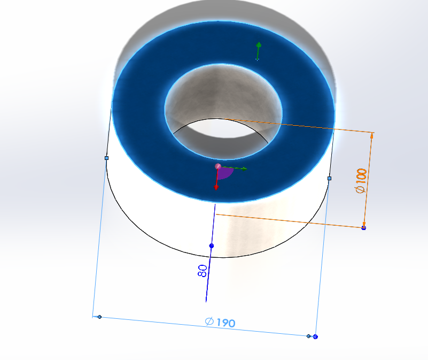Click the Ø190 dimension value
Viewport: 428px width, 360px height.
pyautogui.click(x=220, y=322)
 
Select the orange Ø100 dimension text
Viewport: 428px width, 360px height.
pyautogui.click(x=361, y=181)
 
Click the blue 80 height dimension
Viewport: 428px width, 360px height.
pyautogui.click(x=202, y=271)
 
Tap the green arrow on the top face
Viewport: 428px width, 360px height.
pyautogui.click(x=258, y=51)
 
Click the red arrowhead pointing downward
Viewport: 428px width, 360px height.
pyautogui.click(x=216, y=188)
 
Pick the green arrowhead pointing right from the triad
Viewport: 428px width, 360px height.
pyautogui.click(x=244, y=168)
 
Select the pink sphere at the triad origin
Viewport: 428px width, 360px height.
pyautogui.click(x=218, y=166)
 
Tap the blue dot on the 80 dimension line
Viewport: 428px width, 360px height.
pyautogui.click(x=211, y=246)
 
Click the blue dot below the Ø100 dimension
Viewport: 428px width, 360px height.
pyautogui.click(x=363, y=228)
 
